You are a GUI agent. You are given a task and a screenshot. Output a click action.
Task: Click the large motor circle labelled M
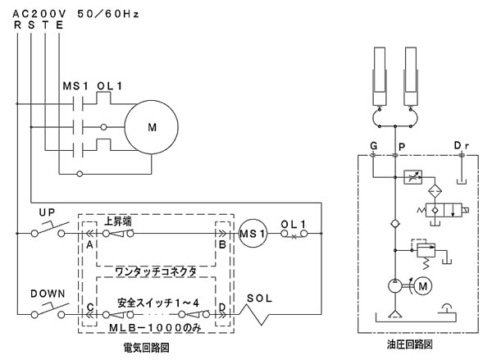point(151,127)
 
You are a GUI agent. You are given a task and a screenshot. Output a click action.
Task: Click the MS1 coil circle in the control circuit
point(251,234)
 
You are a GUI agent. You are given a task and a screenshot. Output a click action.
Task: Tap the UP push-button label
point(48,211)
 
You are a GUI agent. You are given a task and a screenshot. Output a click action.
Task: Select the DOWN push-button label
point(48,293)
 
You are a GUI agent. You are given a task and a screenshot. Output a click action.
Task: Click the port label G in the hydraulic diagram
point(373,146)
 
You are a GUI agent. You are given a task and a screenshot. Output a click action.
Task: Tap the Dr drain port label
point(462,146)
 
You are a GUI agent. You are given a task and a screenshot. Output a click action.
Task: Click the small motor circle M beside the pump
point(424,285)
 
